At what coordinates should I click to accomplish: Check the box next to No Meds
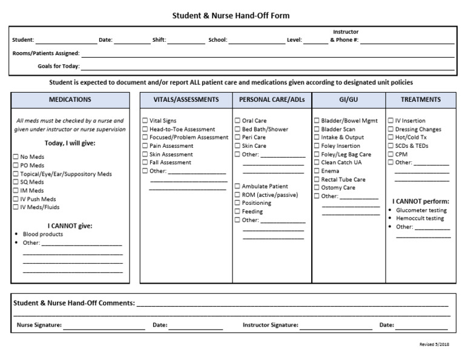click(16, 157)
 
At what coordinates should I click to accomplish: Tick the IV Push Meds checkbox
click(16, 199)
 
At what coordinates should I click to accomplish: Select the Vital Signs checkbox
click(145, 121)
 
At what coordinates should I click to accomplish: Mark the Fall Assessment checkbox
click(145, 162)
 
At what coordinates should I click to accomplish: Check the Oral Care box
click(237, 121)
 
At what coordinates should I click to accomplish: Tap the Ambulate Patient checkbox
click(237, 187)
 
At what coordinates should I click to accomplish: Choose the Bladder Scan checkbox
click(317, 129)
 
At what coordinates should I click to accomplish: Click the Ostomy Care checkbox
click(317, 188)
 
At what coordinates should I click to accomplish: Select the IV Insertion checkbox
click(391, 121)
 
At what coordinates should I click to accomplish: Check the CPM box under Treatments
click(391, 155)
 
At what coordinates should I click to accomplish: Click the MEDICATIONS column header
click(70, 100)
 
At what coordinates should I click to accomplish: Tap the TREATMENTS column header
click(421, 100)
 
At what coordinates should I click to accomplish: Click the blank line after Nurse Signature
click(104, 326)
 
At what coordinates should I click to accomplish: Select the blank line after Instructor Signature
click(336, 326)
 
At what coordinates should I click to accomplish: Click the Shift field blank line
click(186, 41)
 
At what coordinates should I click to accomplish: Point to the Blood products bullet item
click(42, 234)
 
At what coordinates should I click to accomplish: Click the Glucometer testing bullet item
click(421, 210)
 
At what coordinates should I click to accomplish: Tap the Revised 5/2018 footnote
click(434, 344)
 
